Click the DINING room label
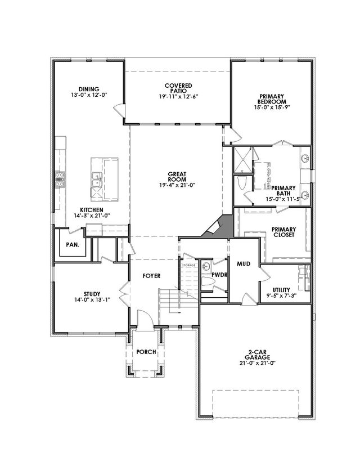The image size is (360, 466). [x=89, y=89]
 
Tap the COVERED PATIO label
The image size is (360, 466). [x=178, y=89]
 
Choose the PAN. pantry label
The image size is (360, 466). [x=72, y=245]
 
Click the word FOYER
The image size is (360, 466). [x=151, y=276]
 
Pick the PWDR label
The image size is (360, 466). [x=219, y=275]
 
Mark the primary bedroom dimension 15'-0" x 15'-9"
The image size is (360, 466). [x=272, y=106]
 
